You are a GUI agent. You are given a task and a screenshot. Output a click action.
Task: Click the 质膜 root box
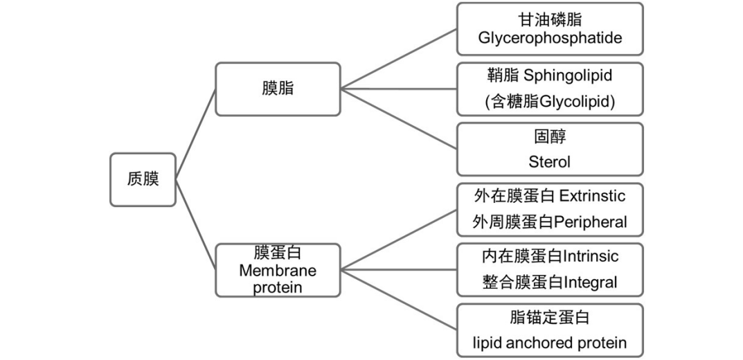tap(143, 179)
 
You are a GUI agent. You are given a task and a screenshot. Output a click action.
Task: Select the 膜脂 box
tap(278, 89)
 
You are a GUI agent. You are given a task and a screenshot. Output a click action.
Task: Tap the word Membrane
tap(278, 271)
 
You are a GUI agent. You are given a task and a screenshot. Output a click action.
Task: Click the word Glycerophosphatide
tap(550, 37)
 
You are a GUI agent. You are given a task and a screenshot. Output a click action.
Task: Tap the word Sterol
tap(550, 162)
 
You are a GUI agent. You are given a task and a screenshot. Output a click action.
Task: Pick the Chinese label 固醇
tap(550, 136)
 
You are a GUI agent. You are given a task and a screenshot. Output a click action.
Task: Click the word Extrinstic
tap(592, 196)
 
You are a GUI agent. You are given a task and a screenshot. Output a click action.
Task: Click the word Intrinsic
tap(591, 256)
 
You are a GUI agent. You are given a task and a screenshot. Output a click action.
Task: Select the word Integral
tap(591, 282)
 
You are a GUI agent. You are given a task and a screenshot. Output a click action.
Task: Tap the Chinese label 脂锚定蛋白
tap(550, 318)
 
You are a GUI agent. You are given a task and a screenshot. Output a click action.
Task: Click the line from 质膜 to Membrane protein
tap(195, 225)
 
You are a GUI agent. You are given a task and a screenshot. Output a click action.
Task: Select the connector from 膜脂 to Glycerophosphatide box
tap(399, 59)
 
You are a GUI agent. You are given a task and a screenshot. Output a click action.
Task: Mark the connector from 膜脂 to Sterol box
tap(399, 118)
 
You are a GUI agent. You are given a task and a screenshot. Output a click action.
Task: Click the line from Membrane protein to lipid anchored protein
tap(399, 299)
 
